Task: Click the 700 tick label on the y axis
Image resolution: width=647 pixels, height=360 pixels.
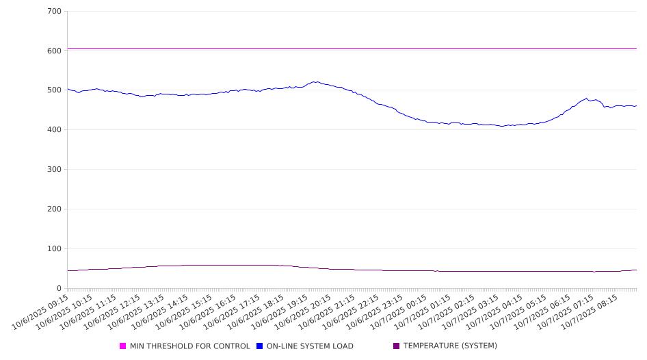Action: tap(54, 12)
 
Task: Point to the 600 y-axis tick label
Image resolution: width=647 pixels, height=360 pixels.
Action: tap(54, 51)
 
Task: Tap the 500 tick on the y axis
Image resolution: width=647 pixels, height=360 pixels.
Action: tap(54, 90)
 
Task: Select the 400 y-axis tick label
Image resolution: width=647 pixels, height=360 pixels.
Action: tap(54, 130)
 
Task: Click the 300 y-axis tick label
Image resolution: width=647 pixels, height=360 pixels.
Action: tap(54, 170)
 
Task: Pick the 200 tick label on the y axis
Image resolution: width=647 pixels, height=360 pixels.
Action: tap(54, 209)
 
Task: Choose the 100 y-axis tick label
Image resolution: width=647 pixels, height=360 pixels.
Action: tap(54, 249)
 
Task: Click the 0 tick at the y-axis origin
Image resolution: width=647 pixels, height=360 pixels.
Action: tap(59, 289)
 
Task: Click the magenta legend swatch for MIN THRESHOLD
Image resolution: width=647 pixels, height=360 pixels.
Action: tap(123, 346)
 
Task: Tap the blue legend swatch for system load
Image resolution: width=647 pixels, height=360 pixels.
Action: tap(260, 346)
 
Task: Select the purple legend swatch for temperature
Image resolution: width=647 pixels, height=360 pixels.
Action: tap(397, 346)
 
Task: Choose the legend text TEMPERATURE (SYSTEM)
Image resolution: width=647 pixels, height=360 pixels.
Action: tap(450, 346)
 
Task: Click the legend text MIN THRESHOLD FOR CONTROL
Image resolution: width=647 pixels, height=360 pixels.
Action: tap(190, 346)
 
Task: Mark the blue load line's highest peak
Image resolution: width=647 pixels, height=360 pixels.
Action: tap(315, 82)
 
